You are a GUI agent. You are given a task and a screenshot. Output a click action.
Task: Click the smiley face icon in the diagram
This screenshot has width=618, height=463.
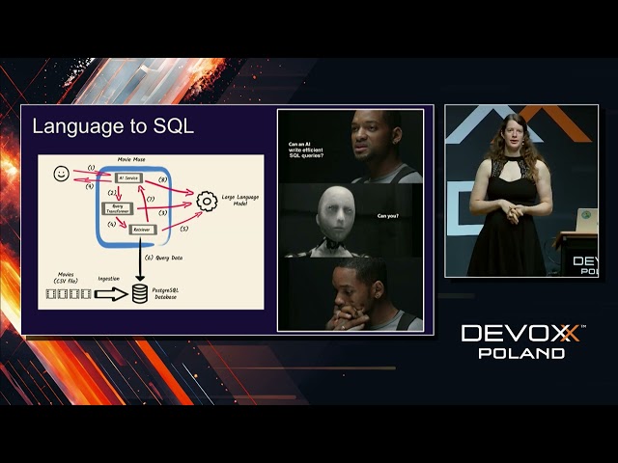(x=61, y=175)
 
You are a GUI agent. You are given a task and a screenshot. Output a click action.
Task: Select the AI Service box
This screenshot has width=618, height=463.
(x=127, y=178)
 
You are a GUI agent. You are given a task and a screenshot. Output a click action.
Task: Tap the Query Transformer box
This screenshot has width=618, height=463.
(x=118, y=208)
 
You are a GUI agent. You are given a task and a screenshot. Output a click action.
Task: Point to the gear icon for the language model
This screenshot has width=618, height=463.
(x=205, y=201)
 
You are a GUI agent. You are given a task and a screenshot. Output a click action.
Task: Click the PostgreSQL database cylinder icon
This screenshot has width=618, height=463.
(x=141, y=292)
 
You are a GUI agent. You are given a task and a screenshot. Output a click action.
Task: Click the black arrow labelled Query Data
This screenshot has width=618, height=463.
(x=141, y=262)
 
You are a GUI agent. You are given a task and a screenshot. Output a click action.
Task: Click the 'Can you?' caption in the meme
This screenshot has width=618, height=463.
(x=387, y=216)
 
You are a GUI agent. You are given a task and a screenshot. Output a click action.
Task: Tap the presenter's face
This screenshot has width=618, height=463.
(x=510, y=138)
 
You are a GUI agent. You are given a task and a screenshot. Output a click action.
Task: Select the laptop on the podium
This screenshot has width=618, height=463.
(x=585, y=221)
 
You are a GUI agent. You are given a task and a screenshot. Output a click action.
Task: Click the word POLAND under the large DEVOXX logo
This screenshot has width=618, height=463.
(x=521, y=353)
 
